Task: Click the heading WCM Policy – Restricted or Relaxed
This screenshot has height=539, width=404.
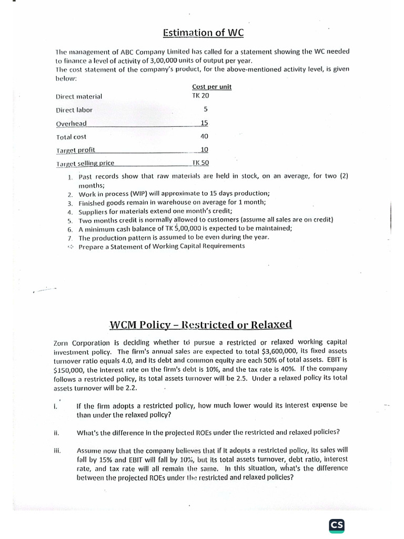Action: (x=201, y=324)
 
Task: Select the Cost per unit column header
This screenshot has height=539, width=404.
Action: (x=212, y=87)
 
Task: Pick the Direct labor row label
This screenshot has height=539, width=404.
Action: (x=74, y=110)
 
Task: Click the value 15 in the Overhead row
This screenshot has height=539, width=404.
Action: (x=204, y=123)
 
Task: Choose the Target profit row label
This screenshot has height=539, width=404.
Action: (x=76, y=149)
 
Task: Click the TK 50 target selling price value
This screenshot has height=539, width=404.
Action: (x=200, y=163)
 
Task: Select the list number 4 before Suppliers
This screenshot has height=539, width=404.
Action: (x=69, y=212)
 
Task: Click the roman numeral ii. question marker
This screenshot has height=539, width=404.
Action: (x=56, y=433)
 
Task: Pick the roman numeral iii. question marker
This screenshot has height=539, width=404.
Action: (x=57, y=451)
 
